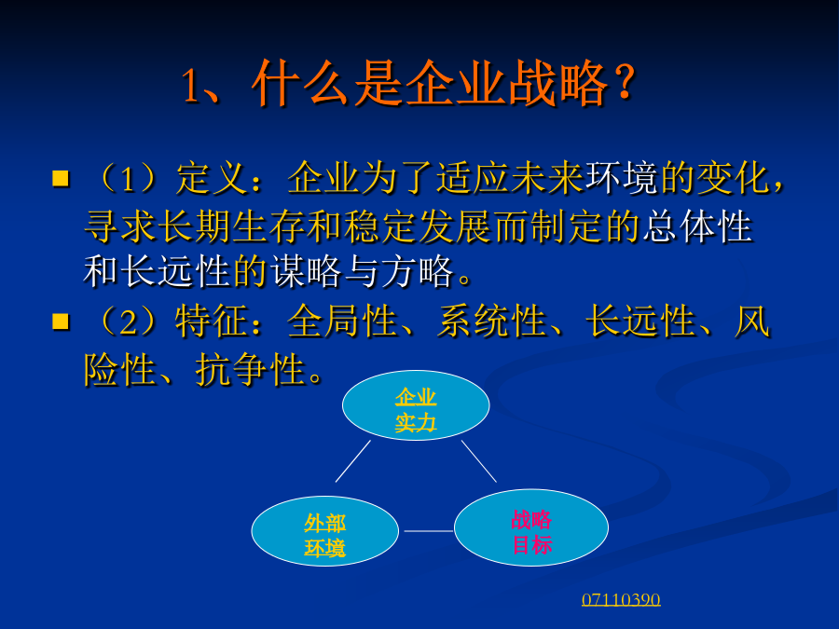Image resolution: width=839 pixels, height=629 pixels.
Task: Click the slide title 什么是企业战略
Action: click(x=430, y=84)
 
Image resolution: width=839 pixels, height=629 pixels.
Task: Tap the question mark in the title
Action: click(x=624, y=84)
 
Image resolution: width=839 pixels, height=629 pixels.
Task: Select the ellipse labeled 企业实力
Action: click(x=416, y=405)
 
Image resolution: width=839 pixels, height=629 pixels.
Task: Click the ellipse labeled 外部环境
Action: click(x=324, y=531)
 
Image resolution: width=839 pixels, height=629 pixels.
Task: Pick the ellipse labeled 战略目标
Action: click(x=530, y=528)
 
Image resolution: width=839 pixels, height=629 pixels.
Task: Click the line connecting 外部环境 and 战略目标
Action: click(x=429, y=531)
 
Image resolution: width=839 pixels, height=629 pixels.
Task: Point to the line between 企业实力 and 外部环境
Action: click(x=353, y=461)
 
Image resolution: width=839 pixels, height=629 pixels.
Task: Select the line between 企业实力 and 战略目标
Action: click(x=479, y=461)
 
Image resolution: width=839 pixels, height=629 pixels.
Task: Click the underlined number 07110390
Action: click(x=621, y=599)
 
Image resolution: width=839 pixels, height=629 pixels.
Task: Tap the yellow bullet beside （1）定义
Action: click(x=61, y=178)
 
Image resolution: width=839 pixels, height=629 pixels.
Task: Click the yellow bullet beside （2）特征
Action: click(x=61, y=321)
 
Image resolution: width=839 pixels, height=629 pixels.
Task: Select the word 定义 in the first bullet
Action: click(x=213, y=178)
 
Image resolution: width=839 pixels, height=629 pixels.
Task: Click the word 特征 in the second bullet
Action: click(x=213, y=321)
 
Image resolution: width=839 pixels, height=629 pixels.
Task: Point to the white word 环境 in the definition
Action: click(x=623, y=178)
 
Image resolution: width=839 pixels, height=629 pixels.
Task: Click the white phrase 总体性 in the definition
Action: click(x=698, y=226)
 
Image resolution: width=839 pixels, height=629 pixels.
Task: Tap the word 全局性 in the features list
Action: click(x=343, y=321)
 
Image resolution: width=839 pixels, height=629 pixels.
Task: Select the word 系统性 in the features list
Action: click(x=492, y=321)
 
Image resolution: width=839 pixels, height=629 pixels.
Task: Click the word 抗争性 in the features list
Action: click(x=251, y=369)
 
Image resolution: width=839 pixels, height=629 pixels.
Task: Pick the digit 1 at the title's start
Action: click(x=191, y=86)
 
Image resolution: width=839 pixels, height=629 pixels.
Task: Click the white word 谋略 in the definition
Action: click(x=306, y=271)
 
